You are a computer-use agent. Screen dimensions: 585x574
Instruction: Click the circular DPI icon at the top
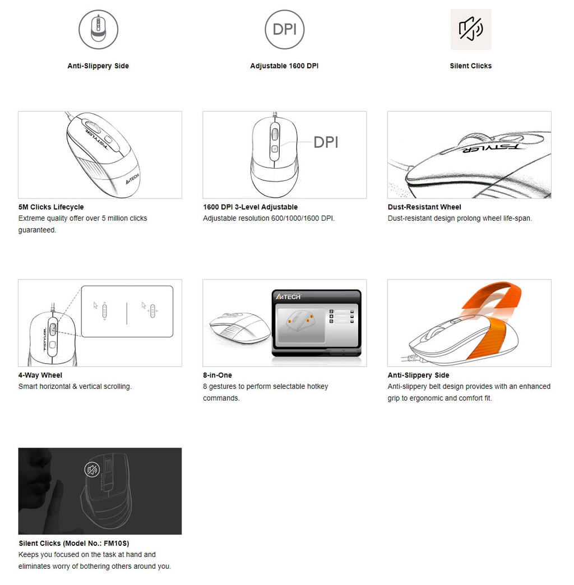(284, 29)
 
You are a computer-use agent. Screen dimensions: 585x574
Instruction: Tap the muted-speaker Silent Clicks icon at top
(470, 29)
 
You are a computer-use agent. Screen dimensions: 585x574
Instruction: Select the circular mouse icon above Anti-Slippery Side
(98, 29)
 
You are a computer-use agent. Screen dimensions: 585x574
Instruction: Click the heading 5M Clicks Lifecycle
(51, 207)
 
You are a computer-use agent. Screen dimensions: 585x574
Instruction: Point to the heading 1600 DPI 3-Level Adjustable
(250, 207)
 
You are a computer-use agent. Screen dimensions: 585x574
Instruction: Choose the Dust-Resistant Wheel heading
(424, 207)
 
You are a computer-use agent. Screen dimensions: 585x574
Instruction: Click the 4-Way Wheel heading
(40, 375)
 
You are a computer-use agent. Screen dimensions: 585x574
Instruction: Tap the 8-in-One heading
(217, 375)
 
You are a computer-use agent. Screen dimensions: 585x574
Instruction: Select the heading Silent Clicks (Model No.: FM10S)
(74, 543)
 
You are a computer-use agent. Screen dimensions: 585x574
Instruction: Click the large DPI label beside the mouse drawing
(326, 142)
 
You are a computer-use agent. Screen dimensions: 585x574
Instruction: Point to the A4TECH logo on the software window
(289, 296)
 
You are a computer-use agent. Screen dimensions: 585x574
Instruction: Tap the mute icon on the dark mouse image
(92, 470)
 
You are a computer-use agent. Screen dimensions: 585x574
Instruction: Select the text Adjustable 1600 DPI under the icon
(284, 66)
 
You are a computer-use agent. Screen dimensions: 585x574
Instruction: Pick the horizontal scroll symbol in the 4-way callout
(149, 309)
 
